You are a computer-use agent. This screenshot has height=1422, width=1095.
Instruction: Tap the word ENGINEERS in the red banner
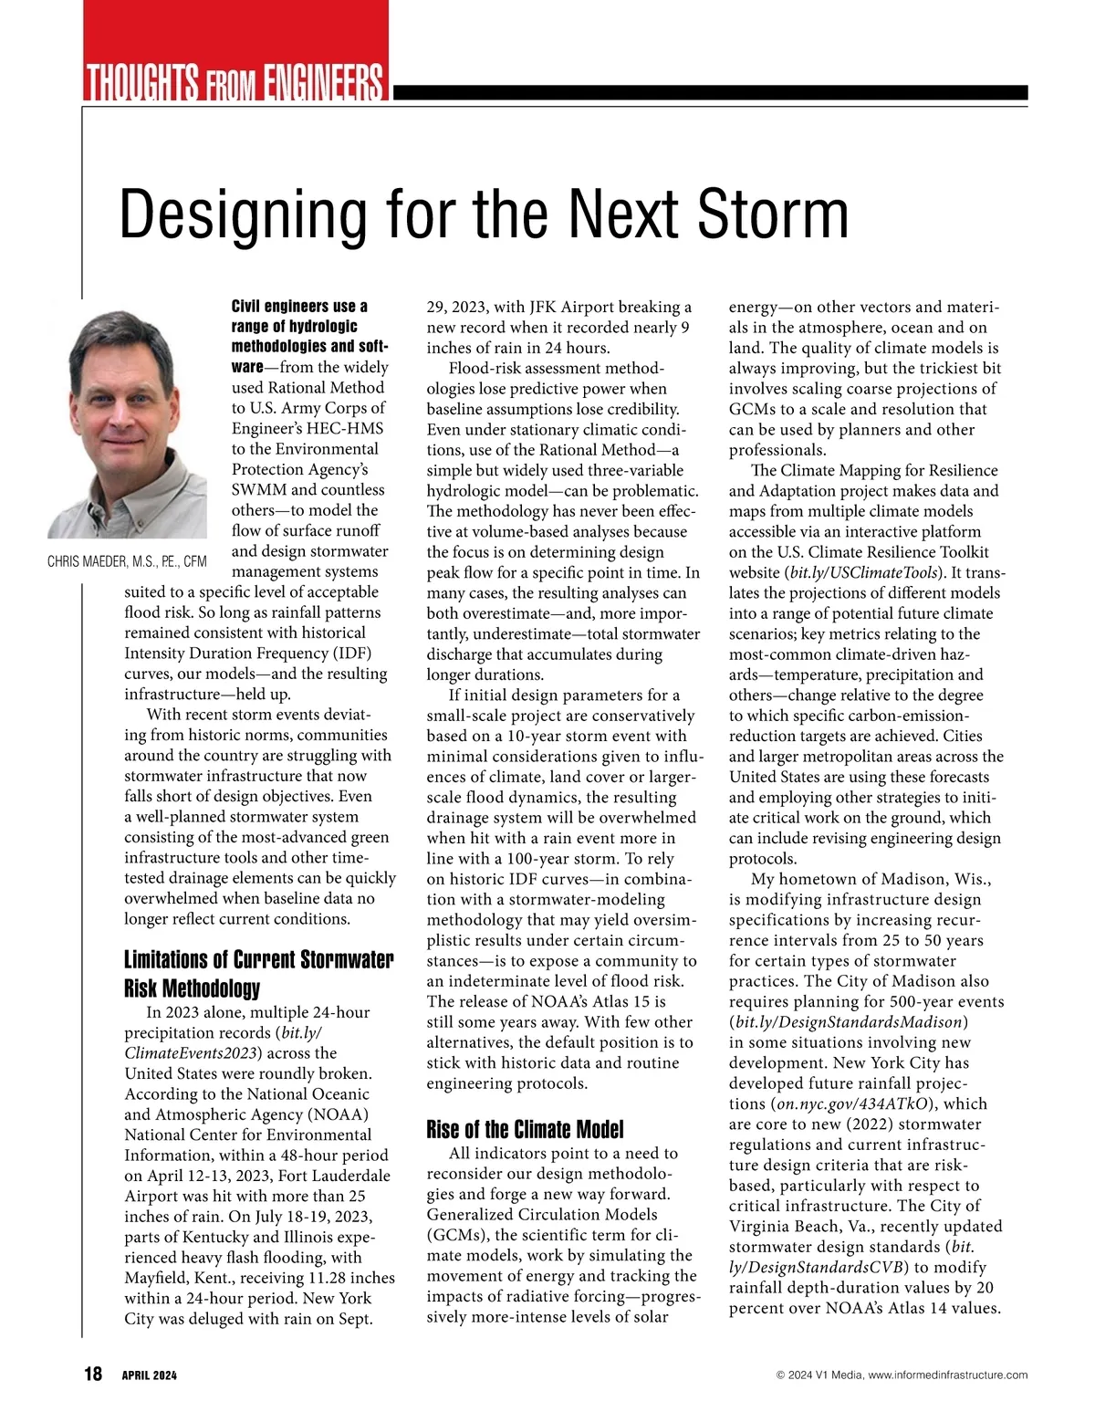point(324,83)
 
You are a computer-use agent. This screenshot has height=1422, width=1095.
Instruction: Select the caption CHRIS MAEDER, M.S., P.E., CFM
point(127,561)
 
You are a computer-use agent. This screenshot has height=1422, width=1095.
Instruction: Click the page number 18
point(93,1374)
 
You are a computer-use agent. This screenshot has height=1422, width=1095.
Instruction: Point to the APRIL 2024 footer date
point(150,1375)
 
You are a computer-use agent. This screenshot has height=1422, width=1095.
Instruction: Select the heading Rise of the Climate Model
point(525,1130)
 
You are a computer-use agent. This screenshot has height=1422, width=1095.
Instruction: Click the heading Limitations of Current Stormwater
point(258,960)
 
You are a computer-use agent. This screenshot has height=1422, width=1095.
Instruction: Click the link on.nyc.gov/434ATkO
point(854,1103)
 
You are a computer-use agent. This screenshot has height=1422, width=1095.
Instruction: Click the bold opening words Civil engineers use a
point(299,307)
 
